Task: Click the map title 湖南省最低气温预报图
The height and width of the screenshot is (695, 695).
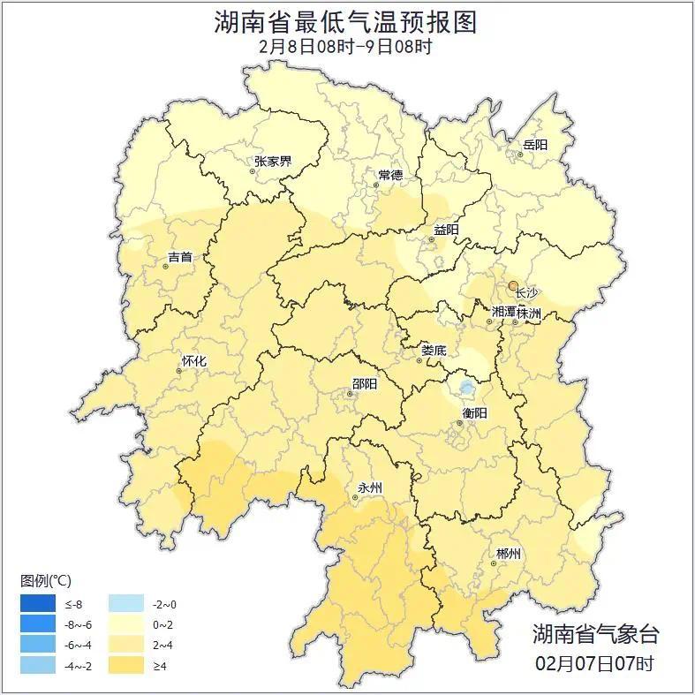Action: point(346,22)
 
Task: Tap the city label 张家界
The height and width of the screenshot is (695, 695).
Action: point(273,162)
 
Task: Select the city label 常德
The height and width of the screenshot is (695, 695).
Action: point(390,175)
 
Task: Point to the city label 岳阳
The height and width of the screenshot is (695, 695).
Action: point(535,145)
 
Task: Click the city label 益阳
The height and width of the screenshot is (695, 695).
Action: point(446,230)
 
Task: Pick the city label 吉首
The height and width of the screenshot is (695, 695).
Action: point(179,258)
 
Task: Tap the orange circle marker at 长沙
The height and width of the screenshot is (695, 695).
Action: point(513,285)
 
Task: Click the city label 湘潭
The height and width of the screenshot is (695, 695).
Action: point(504,313)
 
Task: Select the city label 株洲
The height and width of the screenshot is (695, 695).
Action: point(529,313)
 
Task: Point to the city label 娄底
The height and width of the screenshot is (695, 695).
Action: point(434,350)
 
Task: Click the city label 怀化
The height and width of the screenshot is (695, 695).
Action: point(193,361)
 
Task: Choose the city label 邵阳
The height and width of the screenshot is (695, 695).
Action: point(364,383)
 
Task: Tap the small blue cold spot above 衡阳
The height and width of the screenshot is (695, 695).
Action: point(466,387)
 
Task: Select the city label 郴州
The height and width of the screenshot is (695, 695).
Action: point(508,554)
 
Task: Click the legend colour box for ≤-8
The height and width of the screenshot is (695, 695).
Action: point(38,605)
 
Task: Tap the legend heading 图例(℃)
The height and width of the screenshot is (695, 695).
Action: point(46,581)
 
